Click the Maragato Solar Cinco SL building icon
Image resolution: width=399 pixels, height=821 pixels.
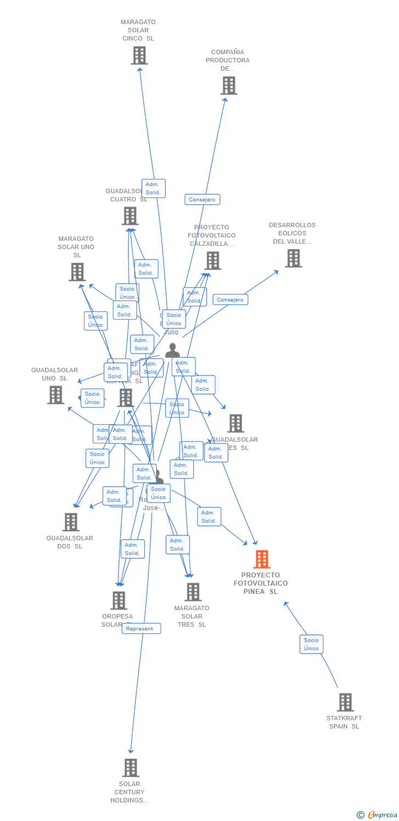[x=139, y=55]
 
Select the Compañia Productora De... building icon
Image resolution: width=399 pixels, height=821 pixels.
[x=229, y=85]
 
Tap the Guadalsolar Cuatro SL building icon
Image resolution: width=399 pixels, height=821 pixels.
[x=130, y=216]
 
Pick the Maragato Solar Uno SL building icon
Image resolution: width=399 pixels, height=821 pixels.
[x=77, y=271]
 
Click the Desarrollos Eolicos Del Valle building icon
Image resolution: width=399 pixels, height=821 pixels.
[x=293, y=258]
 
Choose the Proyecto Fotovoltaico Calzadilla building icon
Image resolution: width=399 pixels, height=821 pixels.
[x=212, y=261]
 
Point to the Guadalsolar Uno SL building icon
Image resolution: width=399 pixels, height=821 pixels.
[x=55, y=395]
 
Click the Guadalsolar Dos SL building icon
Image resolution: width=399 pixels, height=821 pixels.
[x=71, y=522]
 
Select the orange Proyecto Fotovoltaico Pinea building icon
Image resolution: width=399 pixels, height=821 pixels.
[x=261, y=559]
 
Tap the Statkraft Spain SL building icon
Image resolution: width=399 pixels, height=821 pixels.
[x=345, y=702]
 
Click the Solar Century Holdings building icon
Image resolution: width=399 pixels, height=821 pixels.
[x=130, y=767]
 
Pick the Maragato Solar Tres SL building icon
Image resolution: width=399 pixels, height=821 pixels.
[x=192, y=592]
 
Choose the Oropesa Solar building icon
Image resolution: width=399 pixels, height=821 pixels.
[x=118, y=600]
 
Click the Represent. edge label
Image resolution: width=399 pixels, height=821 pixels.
[x=141, y=628]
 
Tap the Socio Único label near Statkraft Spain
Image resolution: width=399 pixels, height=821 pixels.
[x=311, y=644]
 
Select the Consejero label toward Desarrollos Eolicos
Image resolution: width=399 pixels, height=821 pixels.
[x=230, y=299]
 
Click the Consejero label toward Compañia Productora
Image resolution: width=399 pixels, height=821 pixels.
[x=202, y=200]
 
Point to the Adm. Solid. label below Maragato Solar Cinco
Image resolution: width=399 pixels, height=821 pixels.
[x=153, y=188]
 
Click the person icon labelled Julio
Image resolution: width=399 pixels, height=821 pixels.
[x=172, y=350]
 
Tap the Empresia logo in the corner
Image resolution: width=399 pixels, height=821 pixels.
[x=378, y=814]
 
